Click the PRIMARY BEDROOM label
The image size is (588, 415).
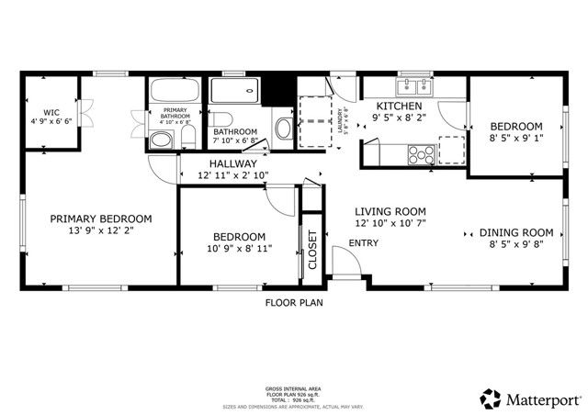pos(100,219)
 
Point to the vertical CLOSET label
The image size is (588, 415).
pos(311,249)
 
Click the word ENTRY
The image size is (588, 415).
pos(362,243)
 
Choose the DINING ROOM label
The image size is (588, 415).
pos(516,232)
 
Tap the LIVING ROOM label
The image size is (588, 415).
pos(390,210)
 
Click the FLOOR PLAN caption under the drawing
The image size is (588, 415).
pos(294,302)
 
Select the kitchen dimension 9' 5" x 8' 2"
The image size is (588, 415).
pos(400,118)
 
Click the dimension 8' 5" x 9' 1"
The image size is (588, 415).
pos(515,139)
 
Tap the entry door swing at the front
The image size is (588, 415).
pos(345,266)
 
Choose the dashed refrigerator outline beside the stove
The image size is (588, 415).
pos(452,150)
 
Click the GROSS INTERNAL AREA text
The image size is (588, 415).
pos(294,389)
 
